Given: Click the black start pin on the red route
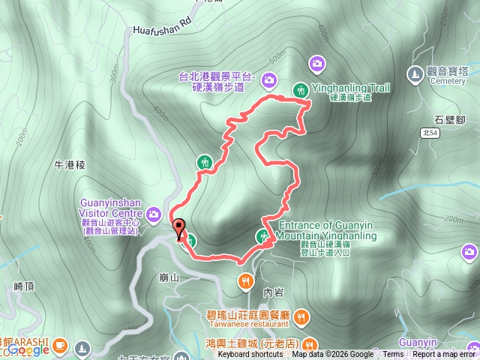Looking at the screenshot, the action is tap(178, 228).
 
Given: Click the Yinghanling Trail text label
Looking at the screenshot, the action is tap(350, 88).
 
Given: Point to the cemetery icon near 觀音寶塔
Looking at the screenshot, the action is tap(414, 73).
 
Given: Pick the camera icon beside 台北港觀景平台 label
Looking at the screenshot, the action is tap(269, 78).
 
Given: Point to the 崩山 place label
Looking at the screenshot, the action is tap(169, 277).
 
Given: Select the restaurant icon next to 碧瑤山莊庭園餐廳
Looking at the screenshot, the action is tap(301, 316).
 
